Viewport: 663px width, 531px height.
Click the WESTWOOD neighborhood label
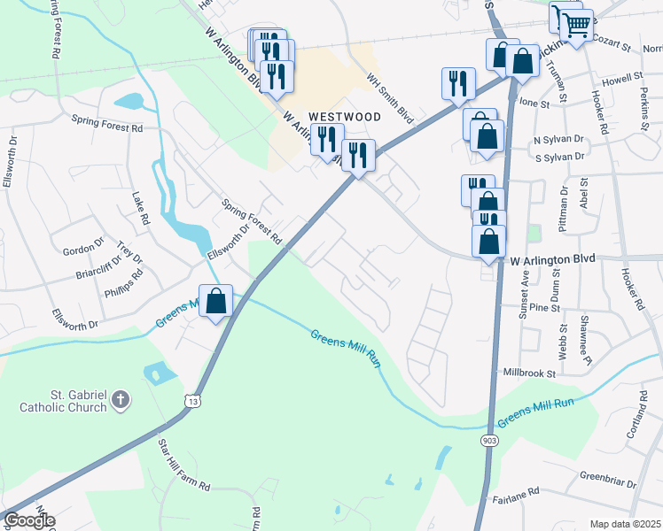tap(345, 117)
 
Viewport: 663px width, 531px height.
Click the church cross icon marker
tap(121, 402)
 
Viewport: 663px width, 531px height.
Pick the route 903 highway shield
tap(490, 440)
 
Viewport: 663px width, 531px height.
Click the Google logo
tap(28, 520)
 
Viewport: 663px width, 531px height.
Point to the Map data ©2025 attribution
tap(625, 524)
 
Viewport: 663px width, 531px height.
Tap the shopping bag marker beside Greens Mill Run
tap(216, 303)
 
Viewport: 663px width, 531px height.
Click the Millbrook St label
tap(528, 373)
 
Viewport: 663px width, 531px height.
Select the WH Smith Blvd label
tap(391, 102)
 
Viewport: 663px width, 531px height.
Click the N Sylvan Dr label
tap(558, 140)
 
